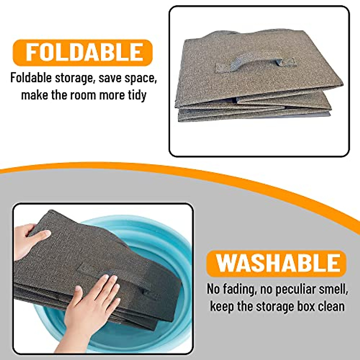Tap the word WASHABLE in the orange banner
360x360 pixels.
pyautogui.click(x=277, y=263)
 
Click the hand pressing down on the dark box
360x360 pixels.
pyautogui.click(x=90, y=303)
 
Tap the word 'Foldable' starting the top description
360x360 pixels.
pyautogui.click(x=31, y=78)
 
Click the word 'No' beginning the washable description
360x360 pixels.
pyautogui.click(x=213, y=289)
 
